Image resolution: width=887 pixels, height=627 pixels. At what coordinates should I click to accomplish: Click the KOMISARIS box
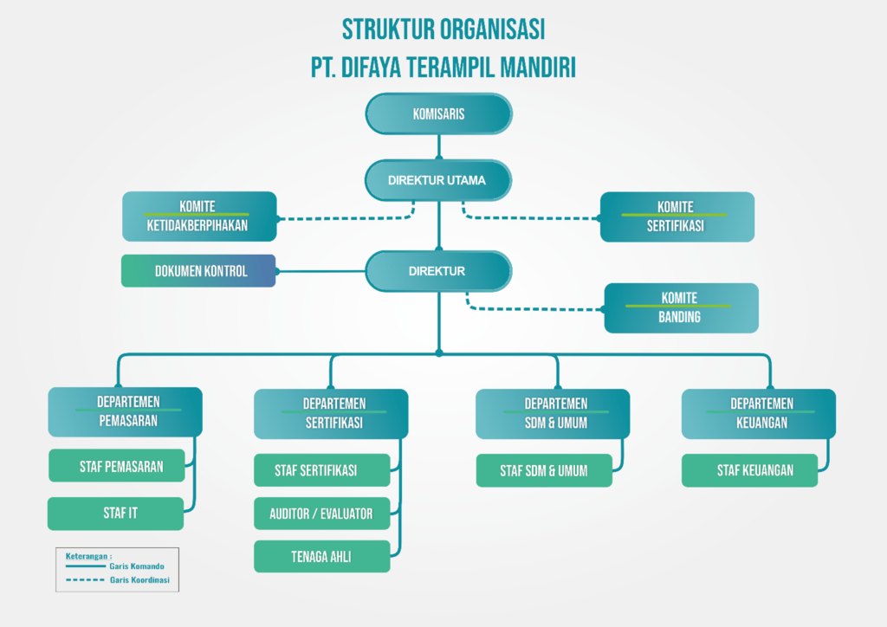coord(438,114)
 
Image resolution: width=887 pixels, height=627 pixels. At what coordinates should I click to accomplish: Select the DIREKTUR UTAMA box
coord(438,181)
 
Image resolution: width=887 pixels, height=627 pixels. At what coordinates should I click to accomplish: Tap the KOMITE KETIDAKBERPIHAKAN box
coord(199,217)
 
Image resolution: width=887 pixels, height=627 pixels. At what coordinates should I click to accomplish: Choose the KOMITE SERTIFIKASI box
coord(677,217)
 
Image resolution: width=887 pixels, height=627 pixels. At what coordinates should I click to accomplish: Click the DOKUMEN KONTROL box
coord(198,271)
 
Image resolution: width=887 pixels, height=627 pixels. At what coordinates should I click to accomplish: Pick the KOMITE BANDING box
coord(681,307)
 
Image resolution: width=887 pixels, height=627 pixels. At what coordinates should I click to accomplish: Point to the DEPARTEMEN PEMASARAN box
coord(126,412)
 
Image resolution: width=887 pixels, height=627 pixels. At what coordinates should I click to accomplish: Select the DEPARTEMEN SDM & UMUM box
coord(554,414)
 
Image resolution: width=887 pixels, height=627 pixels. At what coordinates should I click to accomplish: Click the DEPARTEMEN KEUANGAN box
coord(759,414)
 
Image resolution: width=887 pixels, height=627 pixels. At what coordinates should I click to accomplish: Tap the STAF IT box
coord(116,513)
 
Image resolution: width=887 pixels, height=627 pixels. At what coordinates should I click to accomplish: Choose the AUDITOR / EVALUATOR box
coord(321,514)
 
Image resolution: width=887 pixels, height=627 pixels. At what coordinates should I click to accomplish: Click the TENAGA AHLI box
coord(321,556)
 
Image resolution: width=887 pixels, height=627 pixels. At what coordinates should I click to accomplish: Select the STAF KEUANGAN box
coord(750,470)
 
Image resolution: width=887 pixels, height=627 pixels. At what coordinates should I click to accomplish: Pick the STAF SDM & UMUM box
coord(544,471)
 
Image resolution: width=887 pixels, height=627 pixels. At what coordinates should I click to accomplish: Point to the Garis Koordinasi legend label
coord(140,579)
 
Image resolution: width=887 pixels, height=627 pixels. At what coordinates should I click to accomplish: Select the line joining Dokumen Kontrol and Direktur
coord(320,271)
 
